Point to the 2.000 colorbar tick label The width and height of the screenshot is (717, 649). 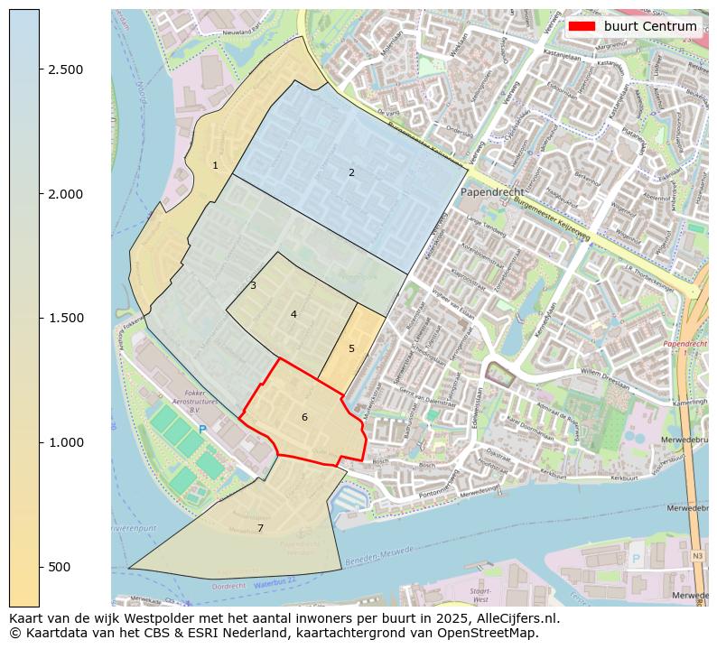pyautogui.click(x=65, y=194)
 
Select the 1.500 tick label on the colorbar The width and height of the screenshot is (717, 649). pyautogui.click(x=65, y=318)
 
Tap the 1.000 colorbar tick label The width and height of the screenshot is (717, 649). pyautogui.click(x=65, y=442)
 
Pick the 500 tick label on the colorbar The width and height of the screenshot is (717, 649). pyautogui.click(x=59, y=566)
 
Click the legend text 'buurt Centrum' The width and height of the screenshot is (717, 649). pyautogui.click(x=650, y=26)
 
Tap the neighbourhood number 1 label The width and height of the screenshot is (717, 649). pyautogui.click(x=215, y=165)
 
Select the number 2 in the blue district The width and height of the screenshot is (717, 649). pyautogui.click(x=351, y=172)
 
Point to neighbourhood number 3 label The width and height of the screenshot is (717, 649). pyautogui.click(x=253, y=285)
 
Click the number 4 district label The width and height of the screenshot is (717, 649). pyautogui.click(x=293, y=314)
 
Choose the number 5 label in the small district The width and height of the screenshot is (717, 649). pyautogui.click(x=351, y=348)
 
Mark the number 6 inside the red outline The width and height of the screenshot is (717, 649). pyautogui.click(x=304, y=417)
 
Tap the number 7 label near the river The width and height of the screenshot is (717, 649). pyautogui.click(x=260, y=528)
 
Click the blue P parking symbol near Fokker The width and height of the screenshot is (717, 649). pyautogui.click(x=202, y=430)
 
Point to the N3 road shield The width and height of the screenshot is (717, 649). pyautogui.click(x=697, y=556)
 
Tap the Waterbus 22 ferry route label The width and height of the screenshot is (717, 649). pyautogui.click(x=275, y=585)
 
